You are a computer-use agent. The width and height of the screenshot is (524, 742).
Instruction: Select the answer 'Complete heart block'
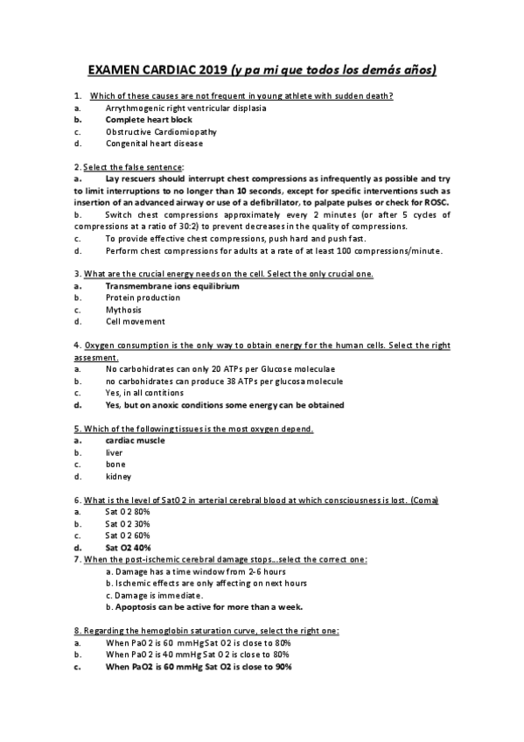coord(149,119)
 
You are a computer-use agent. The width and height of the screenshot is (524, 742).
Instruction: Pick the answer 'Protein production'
coord(143,297)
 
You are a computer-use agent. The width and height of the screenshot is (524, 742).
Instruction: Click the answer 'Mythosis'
coord(123,309)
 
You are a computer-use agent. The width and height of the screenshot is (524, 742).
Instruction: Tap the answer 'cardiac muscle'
coord(135,441)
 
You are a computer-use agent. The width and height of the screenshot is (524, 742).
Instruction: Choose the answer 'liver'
coord(114,453)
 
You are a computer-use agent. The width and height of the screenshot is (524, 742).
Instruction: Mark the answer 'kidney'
coord(118,477)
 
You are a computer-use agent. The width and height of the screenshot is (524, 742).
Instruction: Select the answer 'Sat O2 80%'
coord(128,511)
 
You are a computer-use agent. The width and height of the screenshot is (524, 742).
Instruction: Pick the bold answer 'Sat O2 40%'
coord(129,547)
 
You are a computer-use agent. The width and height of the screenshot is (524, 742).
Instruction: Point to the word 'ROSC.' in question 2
coord(435,202)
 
